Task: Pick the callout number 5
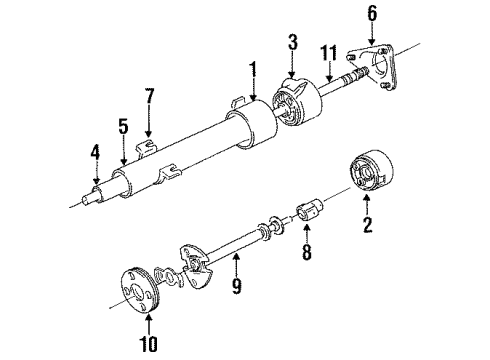[122, 128]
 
